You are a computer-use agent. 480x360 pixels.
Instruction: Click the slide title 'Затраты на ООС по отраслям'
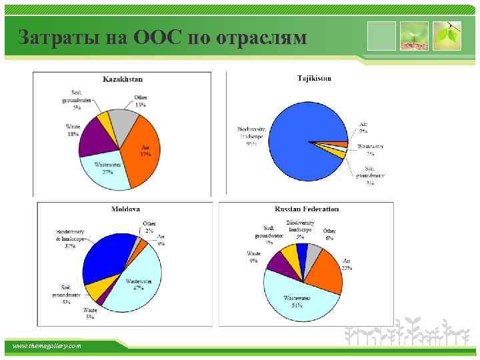tap(163, 37)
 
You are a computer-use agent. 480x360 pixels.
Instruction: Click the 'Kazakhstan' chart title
tap(123, 79)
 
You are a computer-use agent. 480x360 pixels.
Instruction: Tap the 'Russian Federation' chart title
tap(307, 209)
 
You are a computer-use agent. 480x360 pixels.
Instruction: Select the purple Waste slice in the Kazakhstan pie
tap(95, 139)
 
